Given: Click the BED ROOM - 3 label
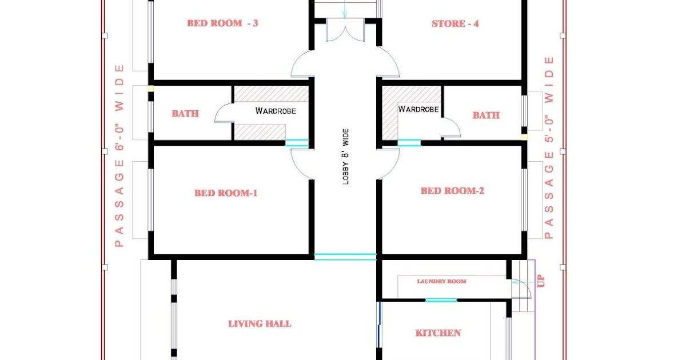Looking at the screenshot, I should coord(222,23).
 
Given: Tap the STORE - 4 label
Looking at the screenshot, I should coord(455,24).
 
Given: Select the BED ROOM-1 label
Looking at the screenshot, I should coord(226,193).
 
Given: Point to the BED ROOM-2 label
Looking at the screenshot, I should coord(452,191).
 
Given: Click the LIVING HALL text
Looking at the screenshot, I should coord(260,323).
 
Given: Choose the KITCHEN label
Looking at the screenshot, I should coord(438,333).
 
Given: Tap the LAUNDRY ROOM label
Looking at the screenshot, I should coord(441,281).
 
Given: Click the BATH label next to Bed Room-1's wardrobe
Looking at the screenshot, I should coord(185,114).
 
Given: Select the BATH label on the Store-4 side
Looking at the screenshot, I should coord(486,115).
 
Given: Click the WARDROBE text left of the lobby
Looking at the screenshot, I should coord(276,111).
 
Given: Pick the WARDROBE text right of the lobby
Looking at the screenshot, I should coord(418,109).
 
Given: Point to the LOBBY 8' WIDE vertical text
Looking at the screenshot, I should coord(345,156).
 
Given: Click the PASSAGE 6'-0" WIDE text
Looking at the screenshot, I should coord(119,155).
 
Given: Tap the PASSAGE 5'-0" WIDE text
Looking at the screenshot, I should coord(549,147).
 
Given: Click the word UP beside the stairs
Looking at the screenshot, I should coord(541,281).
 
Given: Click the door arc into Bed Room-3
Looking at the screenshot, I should coord(302,64).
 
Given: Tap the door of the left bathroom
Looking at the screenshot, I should coord(224,114).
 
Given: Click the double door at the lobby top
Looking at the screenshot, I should coord(345,30).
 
